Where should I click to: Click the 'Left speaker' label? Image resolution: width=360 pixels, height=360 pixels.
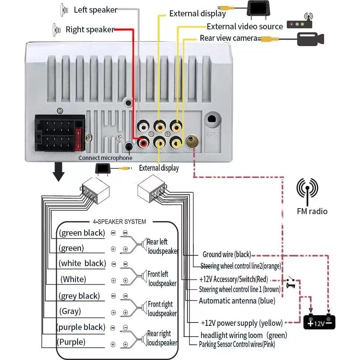point(95,10)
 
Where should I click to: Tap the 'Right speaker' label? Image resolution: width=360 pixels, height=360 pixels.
point(89,29)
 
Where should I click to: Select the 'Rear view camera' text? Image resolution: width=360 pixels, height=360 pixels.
point(228,38)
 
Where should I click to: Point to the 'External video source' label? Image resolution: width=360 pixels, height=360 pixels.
point(245,26)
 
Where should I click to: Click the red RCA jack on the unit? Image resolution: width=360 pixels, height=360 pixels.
point(143,142)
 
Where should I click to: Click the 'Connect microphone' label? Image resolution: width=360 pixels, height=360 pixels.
point(105,158)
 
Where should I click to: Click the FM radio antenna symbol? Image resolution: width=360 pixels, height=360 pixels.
point(307,191)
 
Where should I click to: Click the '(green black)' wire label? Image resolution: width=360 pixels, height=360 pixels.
point(82,233)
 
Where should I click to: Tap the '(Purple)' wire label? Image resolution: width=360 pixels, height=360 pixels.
point(71,341)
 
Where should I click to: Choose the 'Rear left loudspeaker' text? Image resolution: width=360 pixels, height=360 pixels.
point(163,246)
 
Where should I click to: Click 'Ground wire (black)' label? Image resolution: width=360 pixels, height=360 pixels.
point(227,255)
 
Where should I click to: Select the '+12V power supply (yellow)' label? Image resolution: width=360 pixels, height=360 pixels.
point(242,323)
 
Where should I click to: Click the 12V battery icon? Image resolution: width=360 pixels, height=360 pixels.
point(319,322)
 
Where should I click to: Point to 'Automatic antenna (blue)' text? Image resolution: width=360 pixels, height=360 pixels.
point(237,301)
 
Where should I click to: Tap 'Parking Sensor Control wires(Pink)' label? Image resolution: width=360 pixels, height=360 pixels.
point(237,344)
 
